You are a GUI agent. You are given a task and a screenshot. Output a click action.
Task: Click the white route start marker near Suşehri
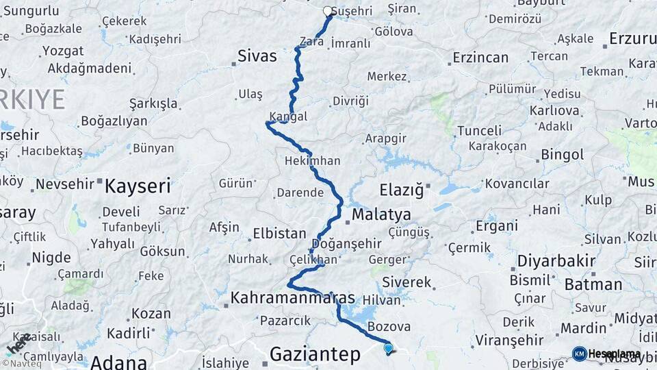(327, 11)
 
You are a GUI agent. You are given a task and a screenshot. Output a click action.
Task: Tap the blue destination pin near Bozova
(388, 348)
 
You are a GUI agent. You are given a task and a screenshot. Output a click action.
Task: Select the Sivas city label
(257, 56)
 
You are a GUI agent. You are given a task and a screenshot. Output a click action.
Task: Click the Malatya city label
(381, 215)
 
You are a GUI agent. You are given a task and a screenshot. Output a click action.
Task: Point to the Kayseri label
(138, 185)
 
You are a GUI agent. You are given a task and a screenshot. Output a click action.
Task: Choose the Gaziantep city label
(314, 354)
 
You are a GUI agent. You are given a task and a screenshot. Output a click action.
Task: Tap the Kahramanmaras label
(293, 298)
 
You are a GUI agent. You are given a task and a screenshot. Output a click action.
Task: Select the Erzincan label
(480, 58)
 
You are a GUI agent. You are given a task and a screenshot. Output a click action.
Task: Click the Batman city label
(593, 283)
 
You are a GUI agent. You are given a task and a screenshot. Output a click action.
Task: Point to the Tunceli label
(479, 130)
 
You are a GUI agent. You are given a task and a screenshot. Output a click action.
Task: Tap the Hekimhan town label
(313, 161)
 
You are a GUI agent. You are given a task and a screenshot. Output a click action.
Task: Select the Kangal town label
(288, 116)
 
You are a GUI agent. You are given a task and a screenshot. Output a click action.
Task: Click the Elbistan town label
(279, 234)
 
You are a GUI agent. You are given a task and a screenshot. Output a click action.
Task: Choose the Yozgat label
(62, 51)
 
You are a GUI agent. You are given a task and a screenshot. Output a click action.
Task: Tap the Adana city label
(118, 362)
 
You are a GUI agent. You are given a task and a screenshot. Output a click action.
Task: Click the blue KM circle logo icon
(580, 354)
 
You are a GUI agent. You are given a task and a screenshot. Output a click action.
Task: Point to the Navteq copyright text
(21, 363)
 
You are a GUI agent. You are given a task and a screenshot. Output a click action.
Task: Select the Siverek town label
(407, 282)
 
